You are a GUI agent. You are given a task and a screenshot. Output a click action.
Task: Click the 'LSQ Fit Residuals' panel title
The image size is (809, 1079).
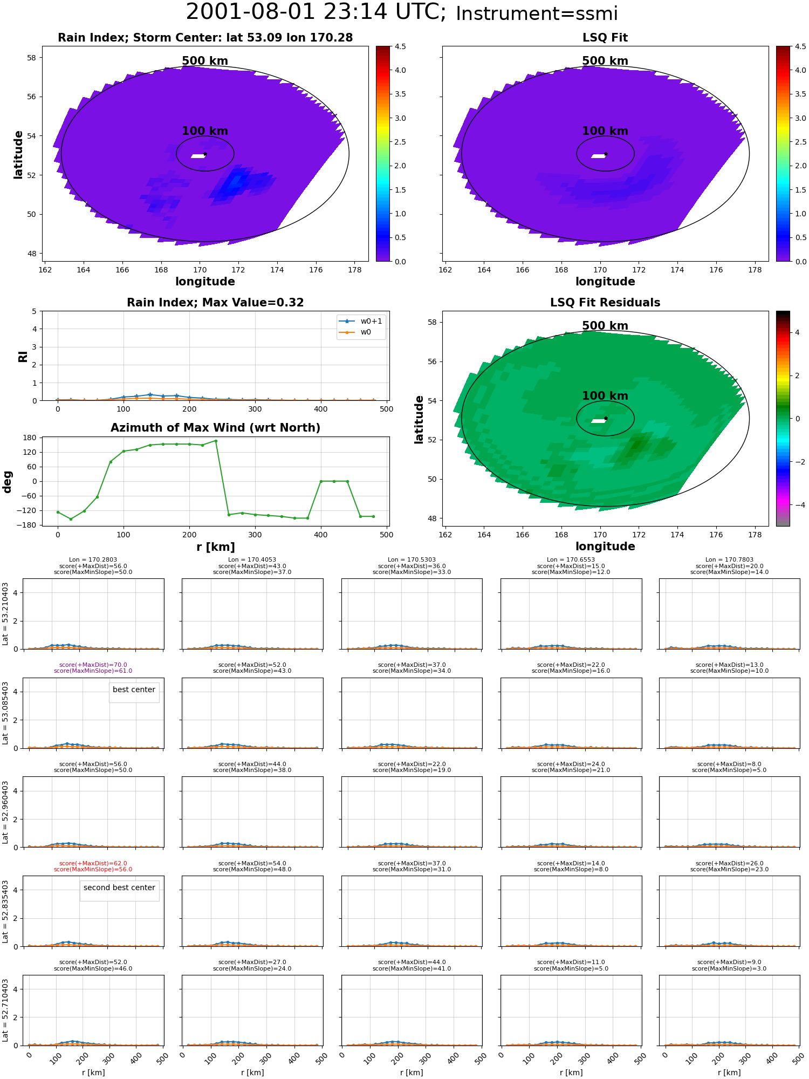[x=605, y=303]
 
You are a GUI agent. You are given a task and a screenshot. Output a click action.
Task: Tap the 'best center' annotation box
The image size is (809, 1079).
[x=134, y=689]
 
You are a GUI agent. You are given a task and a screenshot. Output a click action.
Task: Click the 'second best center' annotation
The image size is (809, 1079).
[x=119, y=887]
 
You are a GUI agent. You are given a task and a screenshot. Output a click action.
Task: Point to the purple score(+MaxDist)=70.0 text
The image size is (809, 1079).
[x=93, y=665]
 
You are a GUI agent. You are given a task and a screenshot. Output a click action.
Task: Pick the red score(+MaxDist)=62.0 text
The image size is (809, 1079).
[x=93, y=863]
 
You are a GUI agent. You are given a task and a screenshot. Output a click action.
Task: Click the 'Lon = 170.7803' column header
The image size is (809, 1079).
[x=729, y=560]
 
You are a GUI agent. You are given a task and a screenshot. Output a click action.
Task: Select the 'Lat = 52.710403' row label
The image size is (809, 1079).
[x=5, y=1010]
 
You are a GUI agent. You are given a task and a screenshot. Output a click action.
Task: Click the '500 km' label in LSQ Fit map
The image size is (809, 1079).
[x=605, y=61]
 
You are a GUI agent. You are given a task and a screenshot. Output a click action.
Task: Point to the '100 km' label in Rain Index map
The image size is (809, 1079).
[x=205, y=131]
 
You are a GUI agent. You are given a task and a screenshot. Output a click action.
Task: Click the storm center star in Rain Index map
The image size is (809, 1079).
[x=205, y=154]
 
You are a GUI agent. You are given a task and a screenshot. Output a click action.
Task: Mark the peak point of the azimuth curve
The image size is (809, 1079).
[x=216, y=441]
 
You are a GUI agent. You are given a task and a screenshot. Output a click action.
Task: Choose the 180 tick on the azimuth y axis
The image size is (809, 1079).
[x=30, y=438]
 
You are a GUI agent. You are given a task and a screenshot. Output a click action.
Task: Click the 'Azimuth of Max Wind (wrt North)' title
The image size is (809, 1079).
[x=216, y=428]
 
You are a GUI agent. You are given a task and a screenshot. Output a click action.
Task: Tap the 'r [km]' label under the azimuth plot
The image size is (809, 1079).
[x=216, y=547]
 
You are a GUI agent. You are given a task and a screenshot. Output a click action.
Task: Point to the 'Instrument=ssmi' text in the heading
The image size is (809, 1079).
[x=537, y=14]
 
